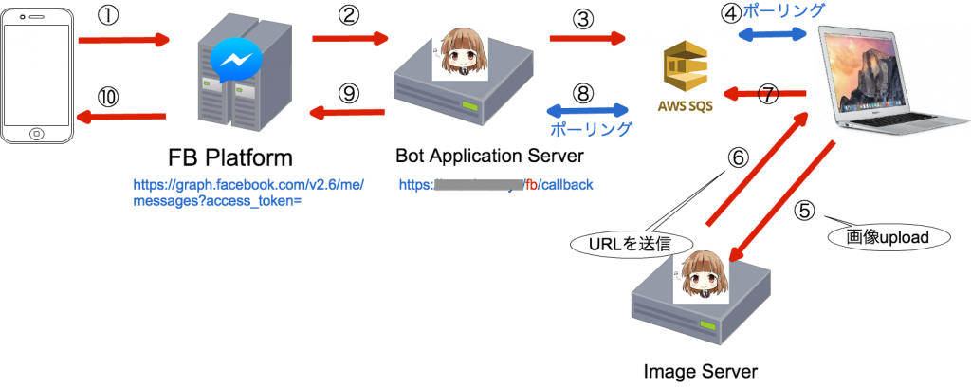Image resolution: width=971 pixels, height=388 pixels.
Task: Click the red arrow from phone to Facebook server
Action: click(123, 41)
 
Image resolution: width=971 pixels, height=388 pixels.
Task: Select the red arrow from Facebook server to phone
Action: click(120, 116)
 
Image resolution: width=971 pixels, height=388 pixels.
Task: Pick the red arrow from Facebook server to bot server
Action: click(350, 39)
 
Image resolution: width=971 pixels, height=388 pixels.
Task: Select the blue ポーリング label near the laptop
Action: click(783, 10)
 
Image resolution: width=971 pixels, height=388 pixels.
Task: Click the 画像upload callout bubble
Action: click(889, 236)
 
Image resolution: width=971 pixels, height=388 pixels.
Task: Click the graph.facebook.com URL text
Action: click(248, 192)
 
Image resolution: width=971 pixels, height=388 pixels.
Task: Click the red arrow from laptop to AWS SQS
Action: click(765, 93)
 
